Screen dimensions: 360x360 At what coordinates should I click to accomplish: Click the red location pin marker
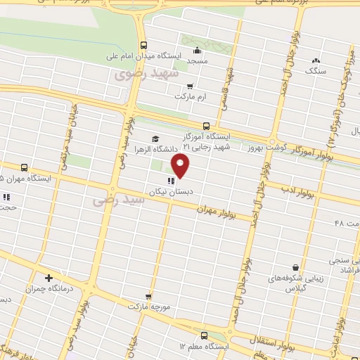pos(181,167)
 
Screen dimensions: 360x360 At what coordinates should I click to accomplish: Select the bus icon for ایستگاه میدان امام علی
pos(143,43)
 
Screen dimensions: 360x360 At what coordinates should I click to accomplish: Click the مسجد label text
pos(198,61)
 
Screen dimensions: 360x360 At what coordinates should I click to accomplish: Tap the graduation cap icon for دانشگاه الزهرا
pos(155,139)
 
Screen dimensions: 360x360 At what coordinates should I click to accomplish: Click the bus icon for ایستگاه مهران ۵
pos(25,167)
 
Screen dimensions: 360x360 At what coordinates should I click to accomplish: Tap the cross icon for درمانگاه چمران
pos(48,278)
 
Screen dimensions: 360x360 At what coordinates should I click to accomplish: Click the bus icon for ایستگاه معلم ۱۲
pos(204,335)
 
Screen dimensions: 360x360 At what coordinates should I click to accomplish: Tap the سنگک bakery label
pos(315,71)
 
